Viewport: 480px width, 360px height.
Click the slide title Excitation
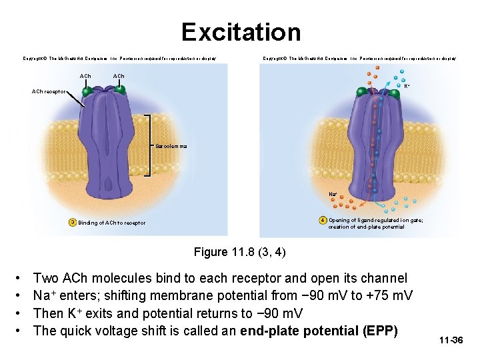[241, 32]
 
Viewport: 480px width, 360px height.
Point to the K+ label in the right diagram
[407, 85]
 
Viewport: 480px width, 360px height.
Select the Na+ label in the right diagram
[333, 194]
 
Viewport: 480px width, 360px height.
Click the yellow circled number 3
[72, 222]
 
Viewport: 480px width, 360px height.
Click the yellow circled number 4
[322, 220]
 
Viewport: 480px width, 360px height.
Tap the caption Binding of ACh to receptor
[112, 223]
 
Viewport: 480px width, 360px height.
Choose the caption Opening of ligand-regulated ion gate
[380, 220]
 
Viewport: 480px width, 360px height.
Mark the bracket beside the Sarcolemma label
[150, 145]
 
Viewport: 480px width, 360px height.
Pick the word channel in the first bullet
[384, 278]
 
